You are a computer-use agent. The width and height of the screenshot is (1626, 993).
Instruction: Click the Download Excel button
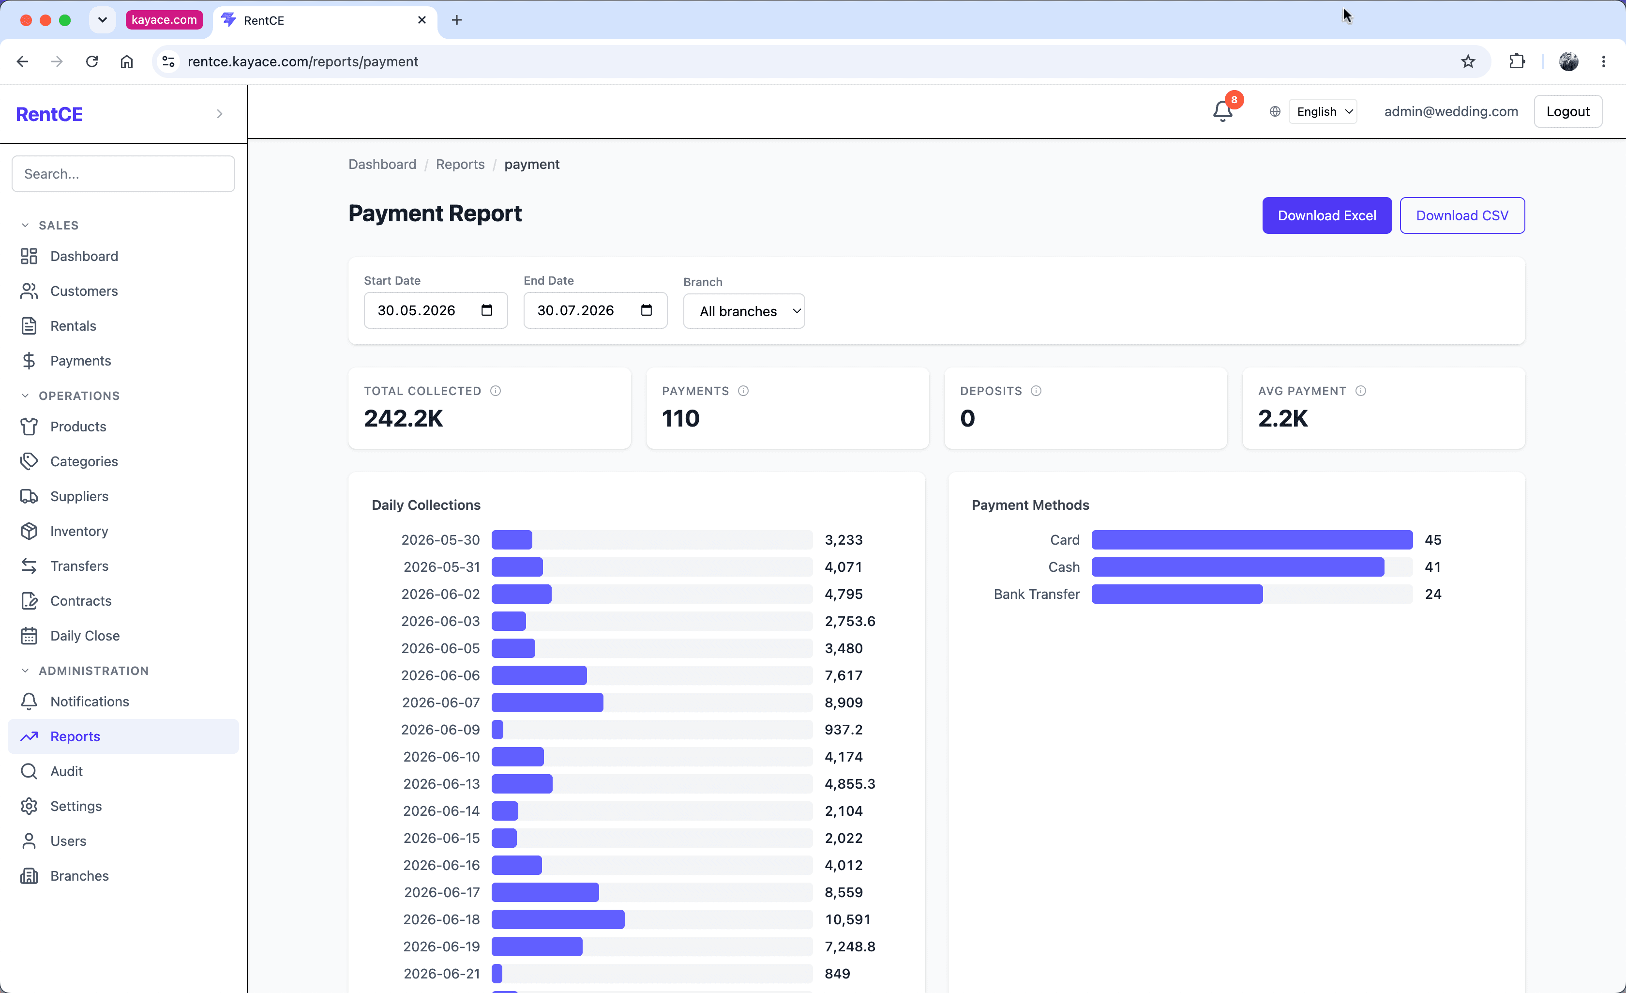coord(1326,215)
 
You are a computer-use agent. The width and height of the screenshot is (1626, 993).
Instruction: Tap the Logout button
coord(1568,111)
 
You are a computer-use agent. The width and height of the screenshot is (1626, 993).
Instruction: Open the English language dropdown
coord(1323,111)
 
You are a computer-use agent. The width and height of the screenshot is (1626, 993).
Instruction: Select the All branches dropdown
coord(744,311)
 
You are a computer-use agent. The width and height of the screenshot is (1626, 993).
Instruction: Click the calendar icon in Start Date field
coord(487,310)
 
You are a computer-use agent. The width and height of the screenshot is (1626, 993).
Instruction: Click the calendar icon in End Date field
coord(647,310)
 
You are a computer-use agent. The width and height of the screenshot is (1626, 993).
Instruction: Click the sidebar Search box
coord(123,174)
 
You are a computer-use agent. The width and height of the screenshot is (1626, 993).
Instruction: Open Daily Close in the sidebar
coord(85,636)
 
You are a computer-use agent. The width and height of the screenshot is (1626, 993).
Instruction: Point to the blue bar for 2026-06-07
coord(547,703)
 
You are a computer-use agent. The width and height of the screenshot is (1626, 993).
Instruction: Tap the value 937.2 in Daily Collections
coord(843,730)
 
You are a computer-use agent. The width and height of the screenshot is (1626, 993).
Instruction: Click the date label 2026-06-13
coord(441,784)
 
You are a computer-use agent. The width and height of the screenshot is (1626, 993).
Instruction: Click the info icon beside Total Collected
coord(496,391)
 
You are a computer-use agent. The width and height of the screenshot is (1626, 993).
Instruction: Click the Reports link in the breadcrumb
coord(460,165)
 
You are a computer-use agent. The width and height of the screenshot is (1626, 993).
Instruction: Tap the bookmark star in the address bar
coord(1468,61)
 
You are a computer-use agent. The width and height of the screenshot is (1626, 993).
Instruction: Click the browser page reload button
coord(92,61)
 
